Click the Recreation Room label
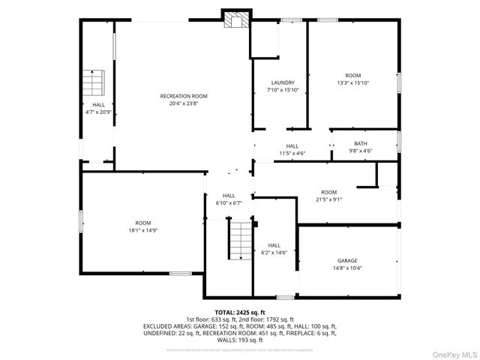click(183, 96)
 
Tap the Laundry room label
click(283, 82)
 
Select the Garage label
click(346, 260)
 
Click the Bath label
click(361, 144)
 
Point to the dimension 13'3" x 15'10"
click(352, 83)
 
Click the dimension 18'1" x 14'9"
click(142, 230)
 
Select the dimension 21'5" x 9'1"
click(328, 199)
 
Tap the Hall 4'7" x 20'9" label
click(98, 104)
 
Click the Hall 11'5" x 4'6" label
click(292, 146)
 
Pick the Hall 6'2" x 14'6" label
click(274, 245)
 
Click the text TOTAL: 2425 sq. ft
click(240, 312)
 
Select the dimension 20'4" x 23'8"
click(183, 104)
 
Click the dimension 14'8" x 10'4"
click(346, 268)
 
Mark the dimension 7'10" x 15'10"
click(283, 90)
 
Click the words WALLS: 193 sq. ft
click(240, 339)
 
